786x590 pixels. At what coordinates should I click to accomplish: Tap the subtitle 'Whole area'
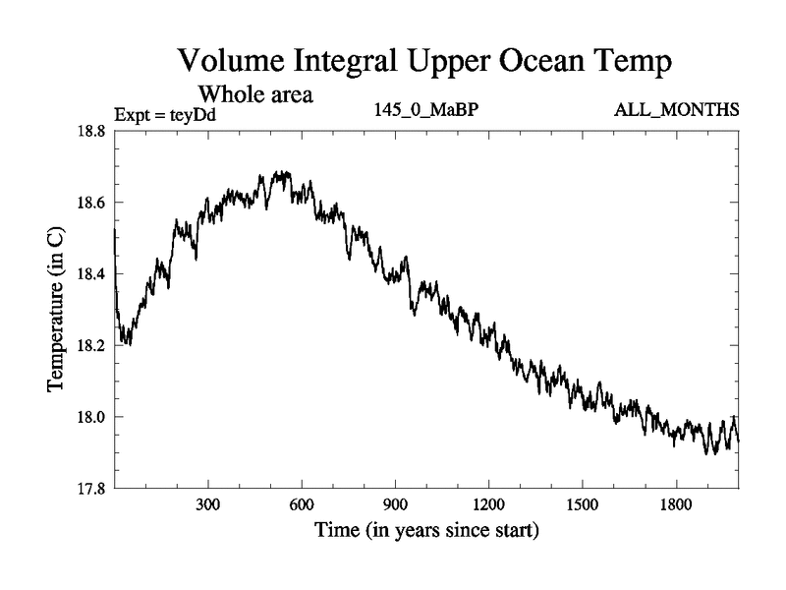256,94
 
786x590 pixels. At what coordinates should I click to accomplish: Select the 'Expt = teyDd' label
165,115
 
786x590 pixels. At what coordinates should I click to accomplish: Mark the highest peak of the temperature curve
280,172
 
